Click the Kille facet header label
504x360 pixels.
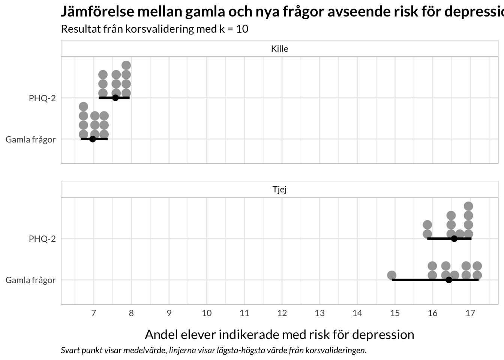coord(279,49)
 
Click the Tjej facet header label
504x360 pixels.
coord(279,189)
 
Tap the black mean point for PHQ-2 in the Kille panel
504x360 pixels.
coord(115,98)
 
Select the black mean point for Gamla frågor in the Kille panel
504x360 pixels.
coord(93,139)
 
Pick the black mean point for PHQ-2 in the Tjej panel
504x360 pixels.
coord(454,238)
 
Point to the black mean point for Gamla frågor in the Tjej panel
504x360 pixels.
coord(449,280)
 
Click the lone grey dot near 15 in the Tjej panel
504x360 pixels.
coord(392,275)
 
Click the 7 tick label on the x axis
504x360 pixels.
coord(94,313)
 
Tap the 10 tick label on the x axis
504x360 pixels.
coord(207,313)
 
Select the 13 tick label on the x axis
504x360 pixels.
coord(320,313)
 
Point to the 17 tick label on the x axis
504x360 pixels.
coord(470,313)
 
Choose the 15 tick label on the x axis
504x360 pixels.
coord(395,313)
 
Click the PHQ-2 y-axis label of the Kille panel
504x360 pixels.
coord(42,98)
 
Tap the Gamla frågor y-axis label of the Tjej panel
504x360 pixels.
coord(31,280)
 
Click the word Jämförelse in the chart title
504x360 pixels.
coord(97,11)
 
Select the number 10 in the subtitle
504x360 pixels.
coord(242,29)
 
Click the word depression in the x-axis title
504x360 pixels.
coord(383,335)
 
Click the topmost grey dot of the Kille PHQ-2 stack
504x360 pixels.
coord(126,66)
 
